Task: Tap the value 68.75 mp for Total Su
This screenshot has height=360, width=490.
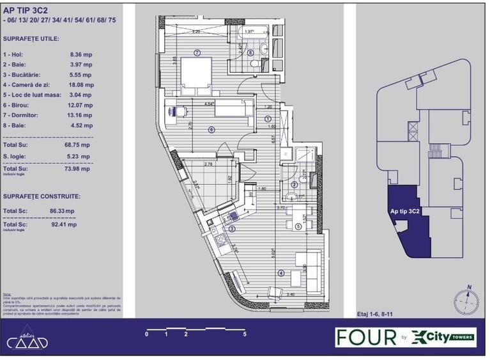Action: [80, 145]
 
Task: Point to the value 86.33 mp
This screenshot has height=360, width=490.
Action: [62, 210]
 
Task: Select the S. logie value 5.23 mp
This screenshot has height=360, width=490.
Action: [79, 155]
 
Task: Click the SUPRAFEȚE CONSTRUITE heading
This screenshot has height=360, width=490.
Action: [42, 197]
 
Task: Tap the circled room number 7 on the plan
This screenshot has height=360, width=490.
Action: [197, 52]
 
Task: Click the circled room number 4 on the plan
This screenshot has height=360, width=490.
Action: [280, 273]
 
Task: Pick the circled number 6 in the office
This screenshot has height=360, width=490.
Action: [211, 130]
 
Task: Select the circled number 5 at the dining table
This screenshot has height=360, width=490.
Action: [298, 226]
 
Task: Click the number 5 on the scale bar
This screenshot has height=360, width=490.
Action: [245, 334]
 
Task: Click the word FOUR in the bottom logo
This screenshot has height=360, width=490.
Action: [367, 338]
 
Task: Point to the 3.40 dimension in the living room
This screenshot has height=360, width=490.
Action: [291, 295]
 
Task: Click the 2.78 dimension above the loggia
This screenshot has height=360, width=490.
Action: [208, 164]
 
